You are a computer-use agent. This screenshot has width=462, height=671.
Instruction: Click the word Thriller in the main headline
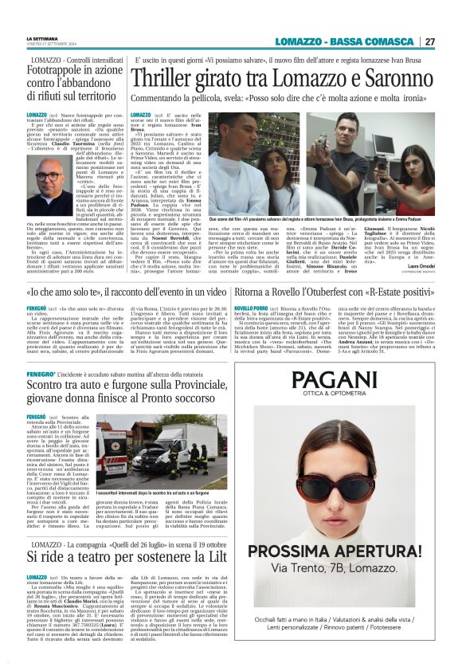click(x=168, y=77)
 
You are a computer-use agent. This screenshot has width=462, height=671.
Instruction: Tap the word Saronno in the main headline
click(x=386, y=77)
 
